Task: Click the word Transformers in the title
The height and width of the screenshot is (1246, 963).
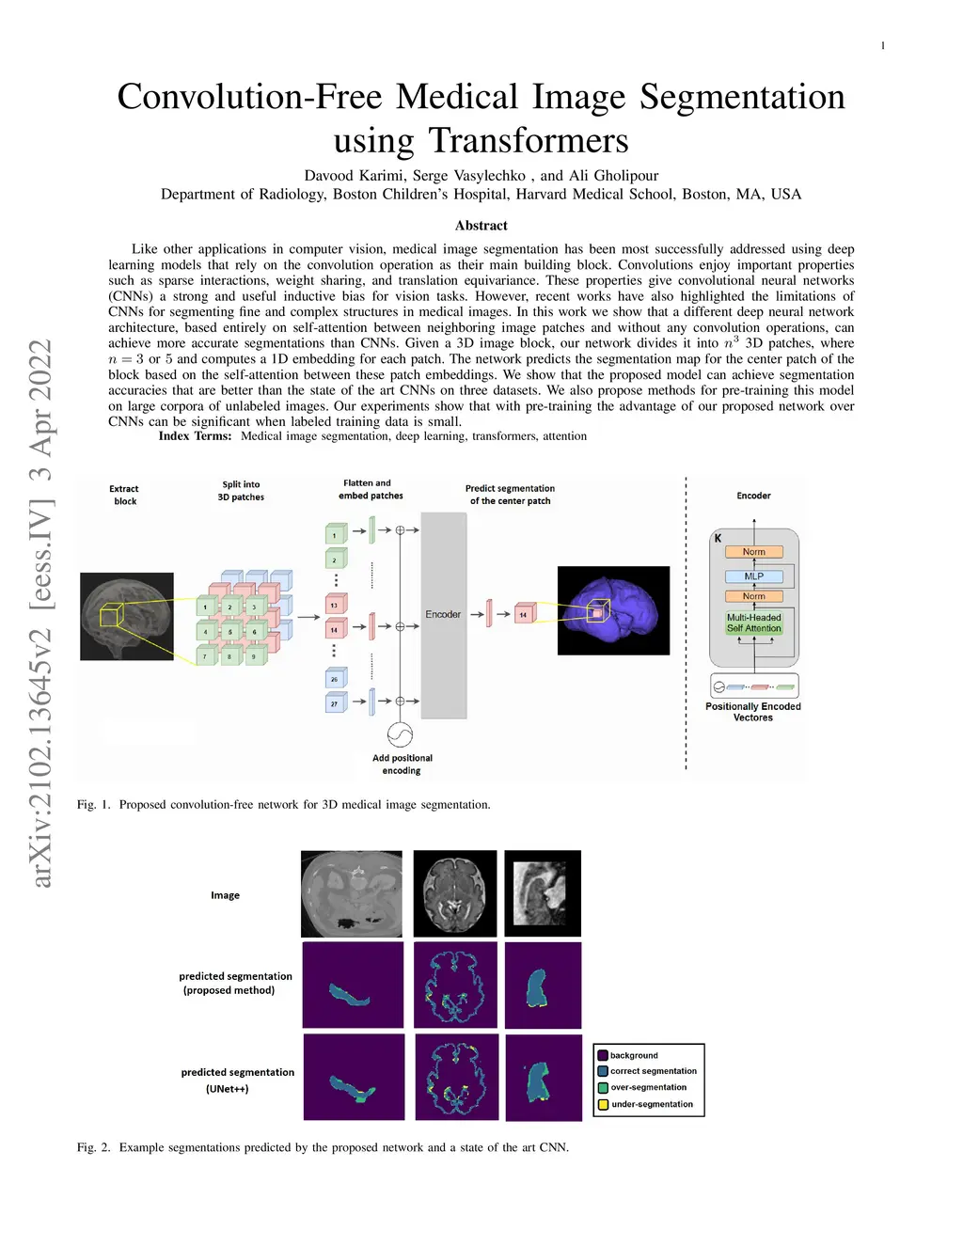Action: pyautogui.click(x=529, y=141)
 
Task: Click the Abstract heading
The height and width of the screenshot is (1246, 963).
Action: pyautogui.click(x=481, y=226)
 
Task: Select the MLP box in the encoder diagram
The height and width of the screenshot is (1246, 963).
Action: pyautogui.click(x=754, y=576)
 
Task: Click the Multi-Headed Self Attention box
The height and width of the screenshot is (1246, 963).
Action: pyautogui.click(x=754, y=623)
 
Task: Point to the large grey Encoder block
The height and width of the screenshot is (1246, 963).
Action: pyautogui.click(x=444, y=615)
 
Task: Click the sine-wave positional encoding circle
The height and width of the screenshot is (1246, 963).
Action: pyautogui.click(x=400, y=734)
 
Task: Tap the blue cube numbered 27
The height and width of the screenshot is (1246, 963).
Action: pyautogui.click(x=335, y=702)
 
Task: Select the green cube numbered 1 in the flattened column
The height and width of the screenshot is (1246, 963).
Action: pyautogui.click(x=335, y=535)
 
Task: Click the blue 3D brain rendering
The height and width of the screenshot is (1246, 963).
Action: pyautogui.click(x=613, y=610)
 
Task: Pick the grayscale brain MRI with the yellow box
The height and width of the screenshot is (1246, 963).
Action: pyautogui.click(x=127, y=616)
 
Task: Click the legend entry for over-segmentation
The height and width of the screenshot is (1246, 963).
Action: pyautogui.click(x=648, y=1087)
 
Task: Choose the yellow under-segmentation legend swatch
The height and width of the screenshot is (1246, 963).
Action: pyautogui.click(x=603, y=1105)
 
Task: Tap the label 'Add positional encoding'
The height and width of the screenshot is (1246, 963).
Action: pyautogui.click(x=402, y=765)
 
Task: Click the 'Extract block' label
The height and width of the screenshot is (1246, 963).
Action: pyautogui.click(x=124, y=496)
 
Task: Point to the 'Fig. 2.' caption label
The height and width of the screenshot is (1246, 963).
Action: pyautogui.click(x=93, y=1147)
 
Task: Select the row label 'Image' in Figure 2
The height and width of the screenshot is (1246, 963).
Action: pyautogui.click(x=225, y=895)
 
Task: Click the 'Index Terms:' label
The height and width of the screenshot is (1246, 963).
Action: pyautogui.click(x=195, y=436)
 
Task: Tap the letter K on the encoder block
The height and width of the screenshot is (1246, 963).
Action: pyautogui.click(x=718, y=539)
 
